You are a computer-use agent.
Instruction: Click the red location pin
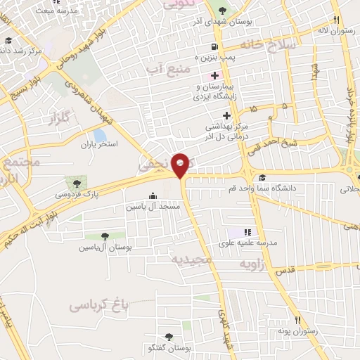coord(181,165)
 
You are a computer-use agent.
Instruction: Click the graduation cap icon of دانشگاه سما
coord(263,177)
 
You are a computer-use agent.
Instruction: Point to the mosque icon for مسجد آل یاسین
coord(153,196)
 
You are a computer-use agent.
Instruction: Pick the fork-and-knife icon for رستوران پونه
coord(298,320)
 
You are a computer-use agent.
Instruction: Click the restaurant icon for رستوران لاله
coord(337,20)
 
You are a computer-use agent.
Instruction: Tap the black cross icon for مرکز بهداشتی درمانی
coord(226,115)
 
